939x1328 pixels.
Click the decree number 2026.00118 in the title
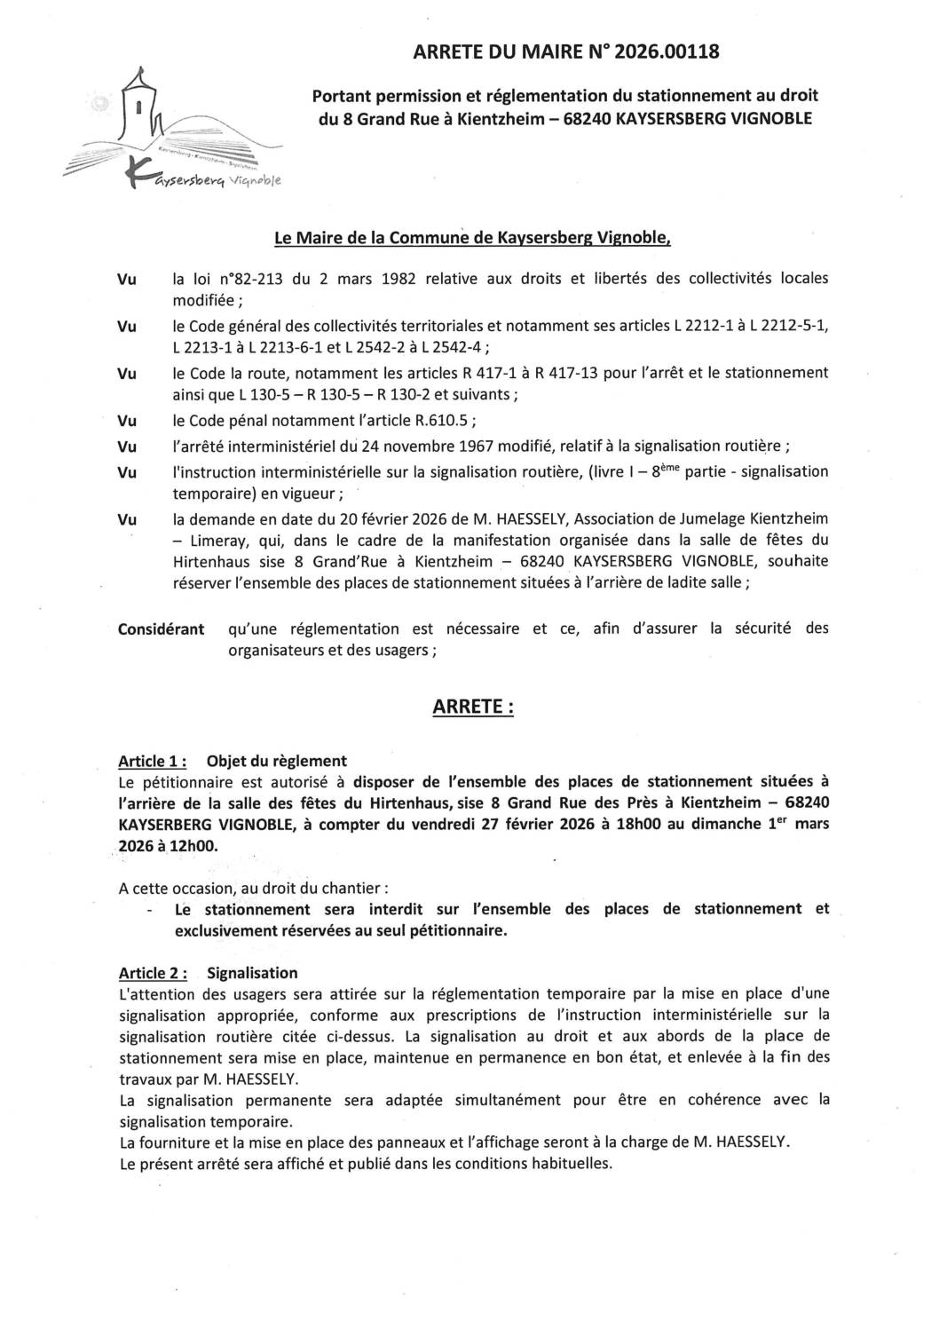coord(669,52)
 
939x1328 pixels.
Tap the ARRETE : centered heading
coord(472,707)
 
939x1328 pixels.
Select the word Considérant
coord(161,629)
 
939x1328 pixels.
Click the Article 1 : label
coord(152,761)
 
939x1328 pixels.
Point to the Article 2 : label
coord(152,973)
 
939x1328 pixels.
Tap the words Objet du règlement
coord(276,761)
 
